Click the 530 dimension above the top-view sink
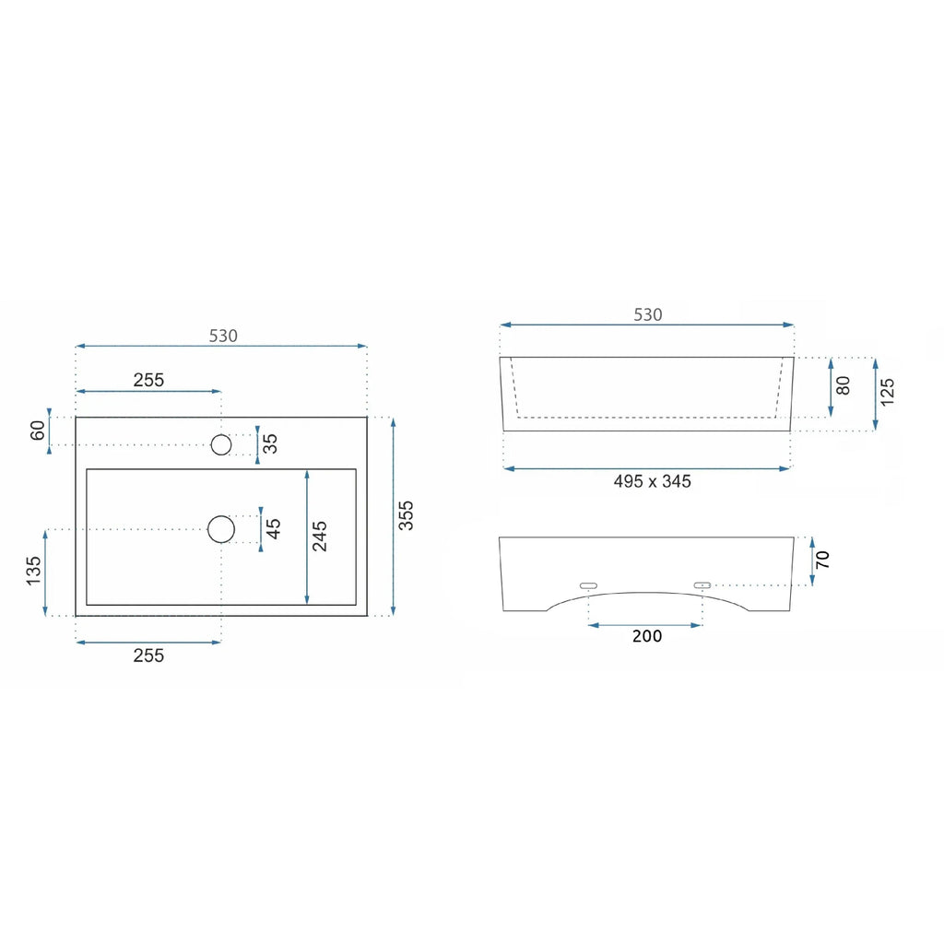[x=223, y=336]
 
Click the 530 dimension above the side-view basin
[x=648, y=315]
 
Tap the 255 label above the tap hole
[x=148, y=380]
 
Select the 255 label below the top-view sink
[x=148, y=655]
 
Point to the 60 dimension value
[x=38, y=431]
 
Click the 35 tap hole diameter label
[x=270, y=443]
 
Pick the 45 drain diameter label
[x=273, y=528]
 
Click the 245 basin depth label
[x=319, y=537]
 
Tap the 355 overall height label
[x=407, y=515]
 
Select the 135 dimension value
[x=34, y=571]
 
